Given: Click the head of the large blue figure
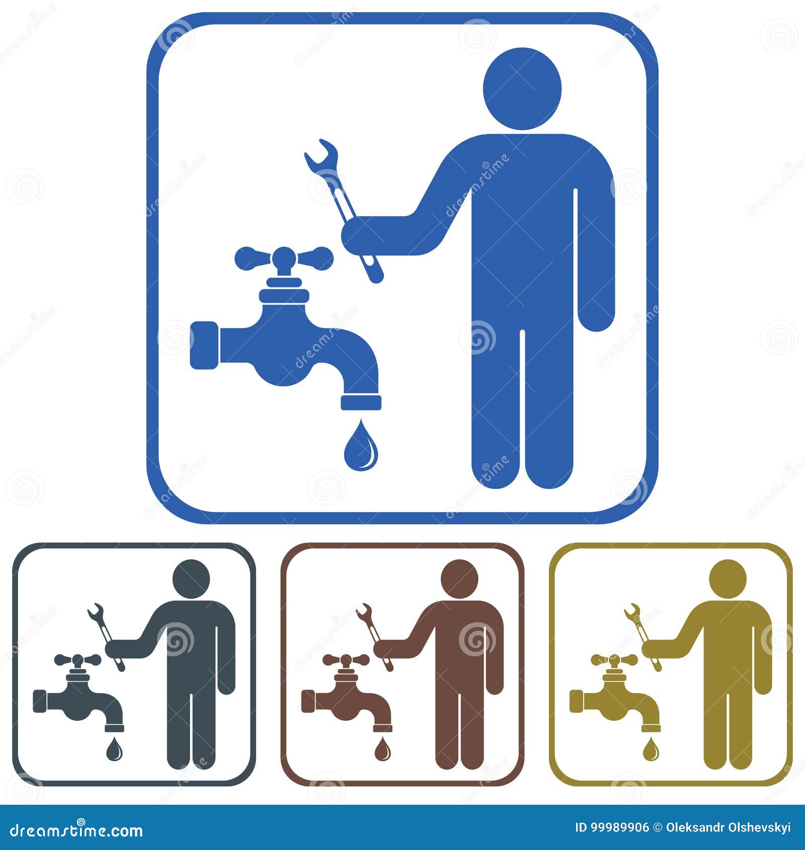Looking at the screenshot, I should point(522,89).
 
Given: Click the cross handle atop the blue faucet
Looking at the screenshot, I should point(284,259).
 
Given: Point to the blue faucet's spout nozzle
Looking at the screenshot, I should point(361,402).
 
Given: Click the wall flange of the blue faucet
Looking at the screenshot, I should point(204,345).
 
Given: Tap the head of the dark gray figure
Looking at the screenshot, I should point(191,578).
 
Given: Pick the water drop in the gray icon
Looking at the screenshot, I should point(114,749).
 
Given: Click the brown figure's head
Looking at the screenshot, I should point(459,578).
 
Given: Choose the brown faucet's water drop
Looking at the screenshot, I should point(382,749).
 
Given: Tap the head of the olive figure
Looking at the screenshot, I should point(728,578).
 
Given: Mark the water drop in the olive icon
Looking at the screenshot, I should point(651,749).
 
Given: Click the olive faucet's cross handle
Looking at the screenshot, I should point(614,659).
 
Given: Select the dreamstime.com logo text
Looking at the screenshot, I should point(76,830).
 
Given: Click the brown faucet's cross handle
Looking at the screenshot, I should point(346,659).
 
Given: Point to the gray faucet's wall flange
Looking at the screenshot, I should point(40,701).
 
